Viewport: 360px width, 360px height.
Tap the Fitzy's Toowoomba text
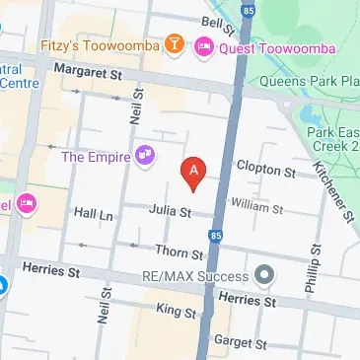102,44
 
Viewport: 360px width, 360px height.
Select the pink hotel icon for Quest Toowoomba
204,44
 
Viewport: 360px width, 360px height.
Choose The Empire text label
96,155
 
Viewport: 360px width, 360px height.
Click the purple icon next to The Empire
146,154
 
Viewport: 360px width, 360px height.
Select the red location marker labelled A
194,172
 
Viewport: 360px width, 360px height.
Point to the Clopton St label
265,170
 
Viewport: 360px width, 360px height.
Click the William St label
256,208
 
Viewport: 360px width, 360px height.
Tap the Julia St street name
170,209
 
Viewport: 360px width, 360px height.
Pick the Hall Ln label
94,213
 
